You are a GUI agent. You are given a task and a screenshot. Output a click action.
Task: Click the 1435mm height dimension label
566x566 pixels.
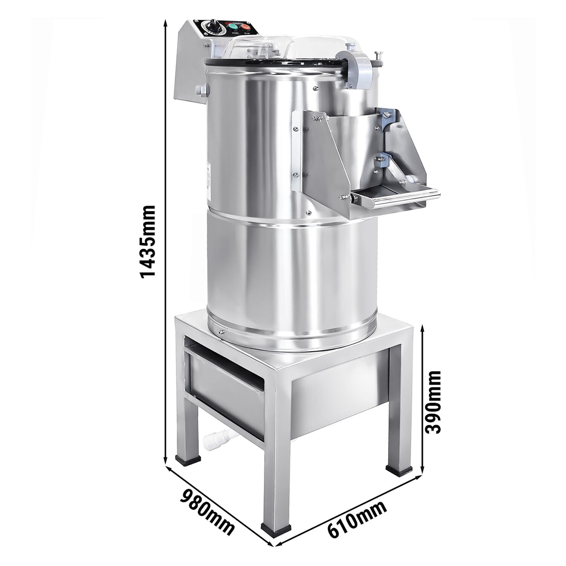(x=147, y=242)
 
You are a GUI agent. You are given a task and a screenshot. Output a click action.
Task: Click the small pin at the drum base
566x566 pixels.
(x=220, y=332)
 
